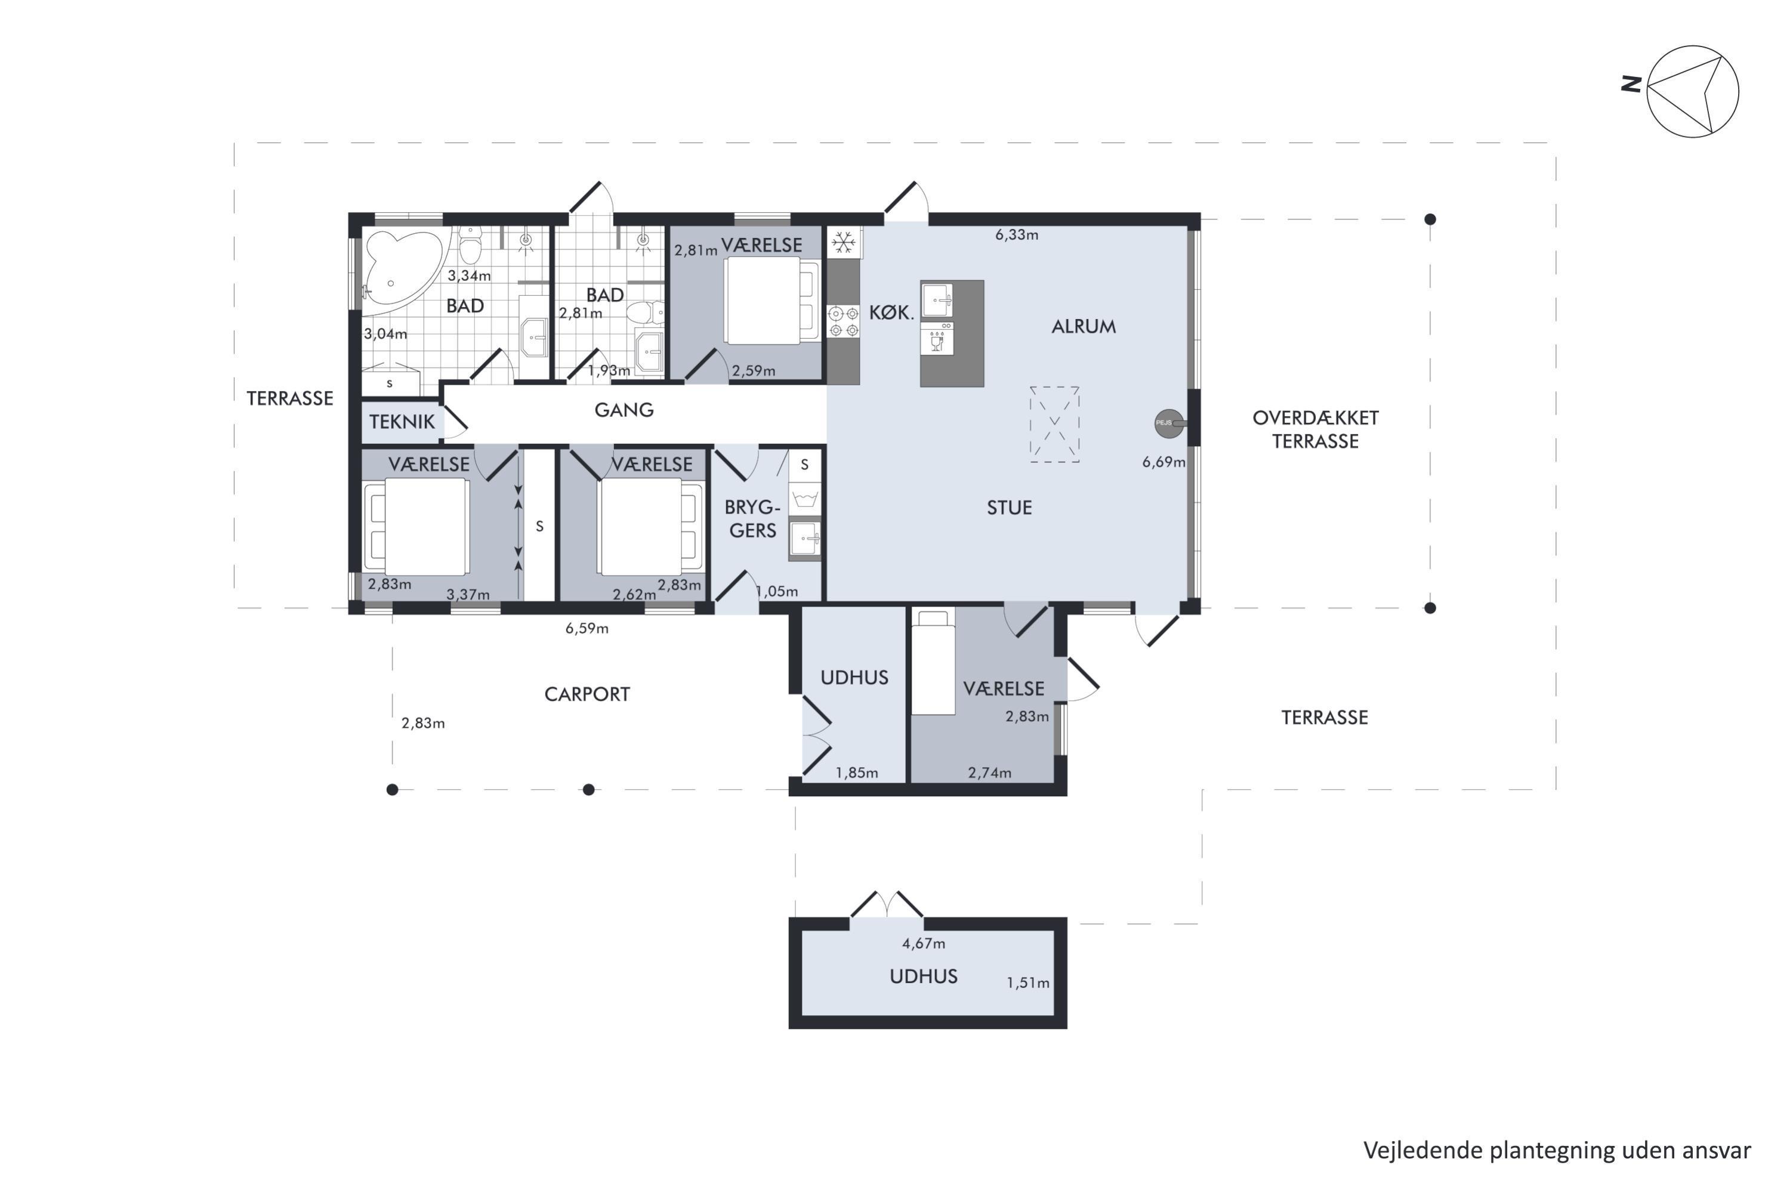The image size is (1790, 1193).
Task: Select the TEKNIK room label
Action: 402,422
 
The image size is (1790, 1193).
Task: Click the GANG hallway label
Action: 624,410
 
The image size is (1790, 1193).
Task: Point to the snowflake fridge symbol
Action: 843,243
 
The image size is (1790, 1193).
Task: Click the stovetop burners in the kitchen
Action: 843,321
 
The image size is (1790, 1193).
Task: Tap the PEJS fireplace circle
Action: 1169,423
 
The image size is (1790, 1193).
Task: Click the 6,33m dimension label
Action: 1017,235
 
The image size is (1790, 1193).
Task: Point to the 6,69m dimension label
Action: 1163,462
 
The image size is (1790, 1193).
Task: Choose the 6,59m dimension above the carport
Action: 587,629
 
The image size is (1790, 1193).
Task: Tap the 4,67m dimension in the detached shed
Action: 924,944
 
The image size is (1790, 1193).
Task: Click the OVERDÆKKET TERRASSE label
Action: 1315,429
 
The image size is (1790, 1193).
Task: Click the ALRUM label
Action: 1084,326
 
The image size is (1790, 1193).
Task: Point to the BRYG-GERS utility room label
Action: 752,519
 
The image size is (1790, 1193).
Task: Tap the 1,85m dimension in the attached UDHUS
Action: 857,773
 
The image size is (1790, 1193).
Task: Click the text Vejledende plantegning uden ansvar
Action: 1557,1151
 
